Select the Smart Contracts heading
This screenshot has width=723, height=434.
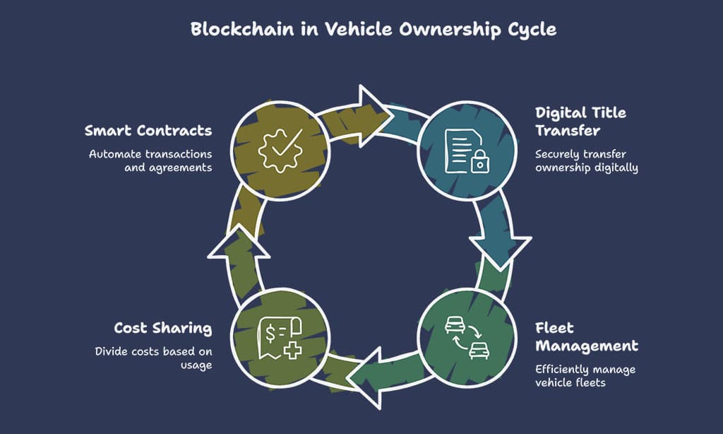pyautogui.click(x=148, y=131)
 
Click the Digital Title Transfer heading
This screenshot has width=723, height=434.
pyautogui.click(x=580, y=122)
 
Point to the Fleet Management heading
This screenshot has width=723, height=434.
pyautogui.click(x=586, y=337)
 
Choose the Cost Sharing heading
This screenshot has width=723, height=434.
pyautogui.click(x=163, y=328)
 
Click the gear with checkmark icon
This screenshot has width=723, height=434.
pyautogui.click(x=281, y=149)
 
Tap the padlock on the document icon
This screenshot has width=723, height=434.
pyautogui.click(x=479, y=163)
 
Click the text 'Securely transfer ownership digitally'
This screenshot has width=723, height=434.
pyautogui.click(x=586, y=160)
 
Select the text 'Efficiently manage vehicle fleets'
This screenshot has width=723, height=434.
pyautogui.click(x=585, y=376)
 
